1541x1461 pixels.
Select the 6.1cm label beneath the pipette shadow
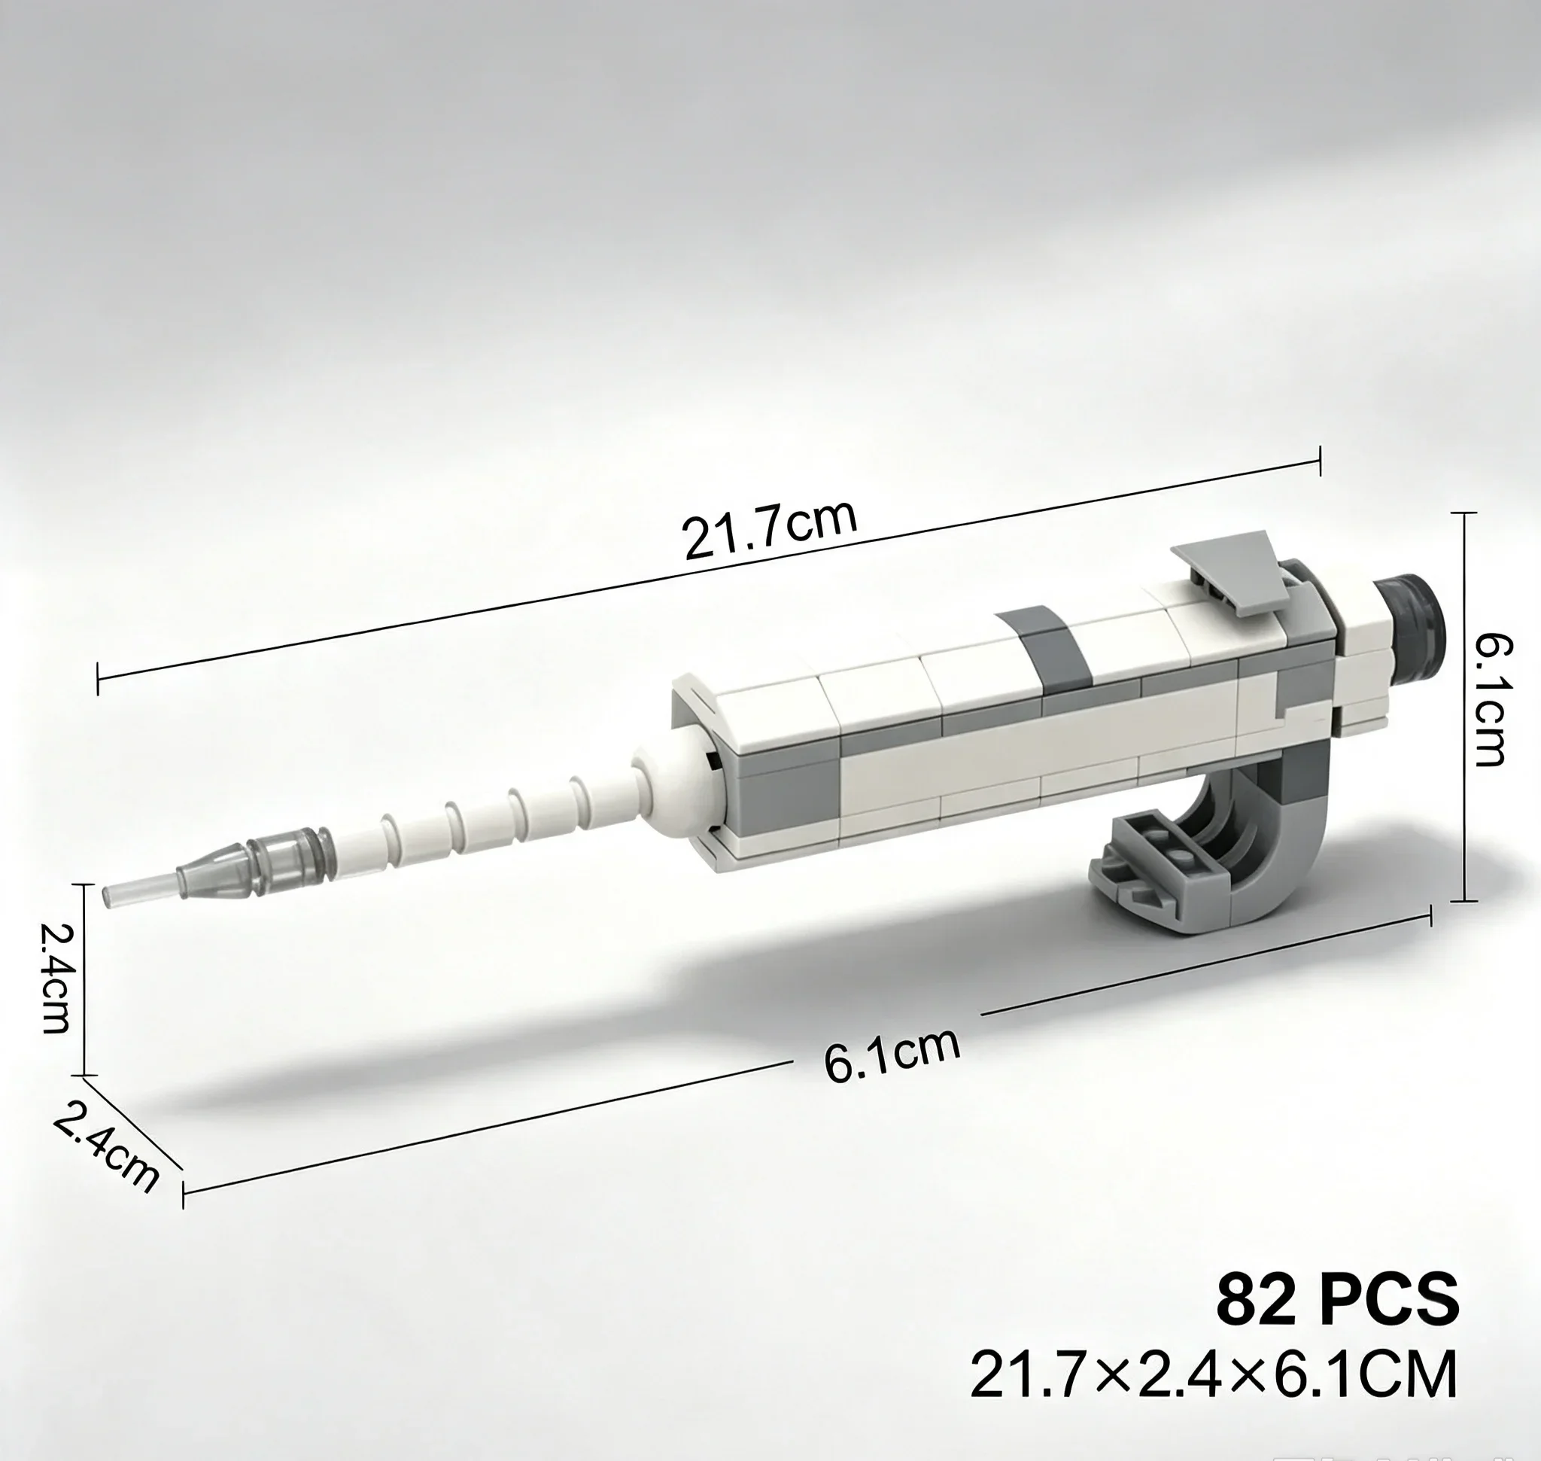pyautogui.click(x=892, y=1055)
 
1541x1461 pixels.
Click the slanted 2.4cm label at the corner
pyautogui.click(x=106, y=1147)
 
